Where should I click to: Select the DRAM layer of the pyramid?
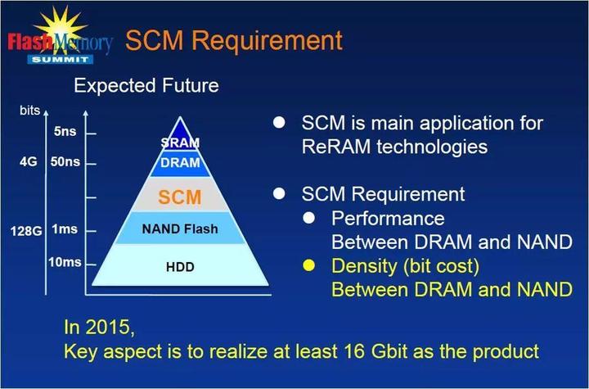click(180, 163)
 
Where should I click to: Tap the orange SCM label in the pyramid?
click(179, 197)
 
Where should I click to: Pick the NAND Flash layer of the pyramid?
click(180, 228)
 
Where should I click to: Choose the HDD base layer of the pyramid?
click(180, 265)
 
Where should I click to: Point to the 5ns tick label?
click(65, 131)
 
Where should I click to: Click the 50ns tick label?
click(65, 162)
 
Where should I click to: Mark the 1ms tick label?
click(65, 228)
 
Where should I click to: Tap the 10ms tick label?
click(65, 262)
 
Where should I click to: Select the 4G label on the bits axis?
click(29, 162)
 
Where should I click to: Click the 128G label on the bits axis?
click(26, 231)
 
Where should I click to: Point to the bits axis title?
click(29, 111)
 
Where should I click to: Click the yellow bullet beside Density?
click(309, 265)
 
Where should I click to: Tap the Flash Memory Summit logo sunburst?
click(61, 28)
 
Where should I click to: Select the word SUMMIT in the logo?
click(60, 60)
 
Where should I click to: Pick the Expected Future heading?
click(146, 85)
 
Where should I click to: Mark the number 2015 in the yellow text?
click(107, 327)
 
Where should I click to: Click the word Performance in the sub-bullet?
click(388, 219)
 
